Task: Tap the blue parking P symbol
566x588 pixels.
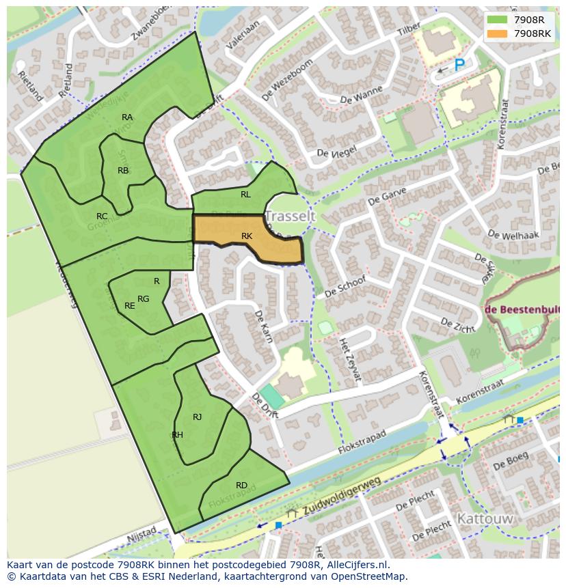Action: pos(459,65)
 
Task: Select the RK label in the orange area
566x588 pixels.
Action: pos(247,236)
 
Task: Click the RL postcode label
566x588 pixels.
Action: pos(245,195)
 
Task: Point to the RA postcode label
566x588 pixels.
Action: pos(127,117)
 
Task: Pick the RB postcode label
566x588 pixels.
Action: pos(123,171)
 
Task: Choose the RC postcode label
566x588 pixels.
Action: pos(102,216)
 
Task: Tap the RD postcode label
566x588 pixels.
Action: pos(241,486)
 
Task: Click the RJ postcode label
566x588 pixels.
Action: pos(197,417)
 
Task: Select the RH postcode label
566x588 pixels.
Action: pos(177,435)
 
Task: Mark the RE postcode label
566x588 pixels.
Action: pos(129,306)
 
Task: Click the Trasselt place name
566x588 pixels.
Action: pos(290,216)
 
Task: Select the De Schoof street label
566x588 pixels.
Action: pos(345,287)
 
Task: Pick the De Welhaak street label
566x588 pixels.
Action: pos(513,236)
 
